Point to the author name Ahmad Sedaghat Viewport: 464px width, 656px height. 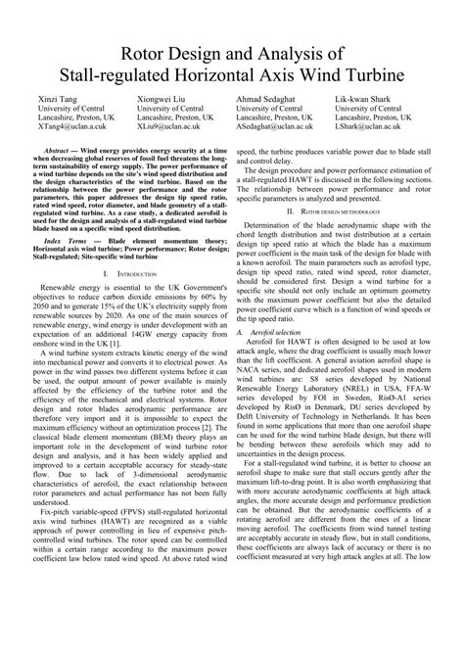(x=268, y=101)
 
